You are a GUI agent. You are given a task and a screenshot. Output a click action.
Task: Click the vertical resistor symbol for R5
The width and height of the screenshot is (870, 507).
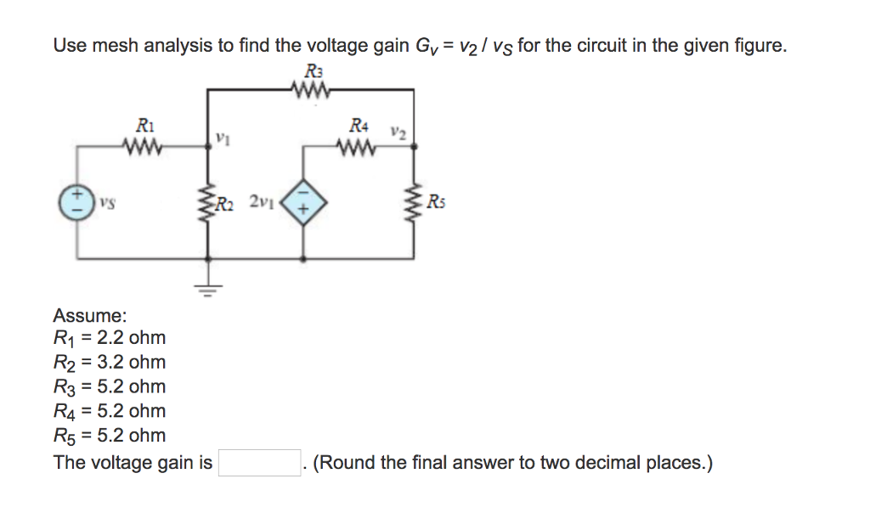(415, 203)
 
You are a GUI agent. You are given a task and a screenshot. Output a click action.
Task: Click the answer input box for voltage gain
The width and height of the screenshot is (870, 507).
(259, 463)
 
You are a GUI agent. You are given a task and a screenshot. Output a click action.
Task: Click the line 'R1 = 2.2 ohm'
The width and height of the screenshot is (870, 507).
(110, 338)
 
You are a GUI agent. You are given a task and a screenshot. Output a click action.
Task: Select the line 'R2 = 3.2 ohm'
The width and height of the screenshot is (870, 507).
(110, 363)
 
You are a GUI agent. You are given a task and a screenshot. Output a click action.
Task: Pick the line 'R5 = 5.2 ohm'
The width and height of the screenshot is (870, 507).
(110, 437)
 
